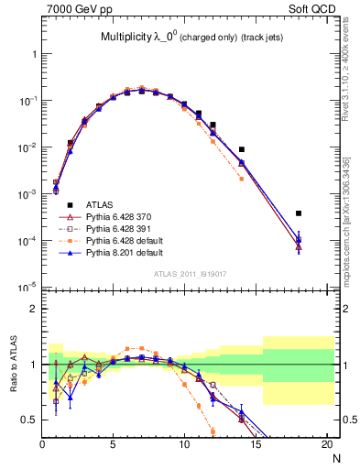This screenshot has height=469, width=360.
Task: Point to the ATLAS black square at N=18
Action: (299, 213)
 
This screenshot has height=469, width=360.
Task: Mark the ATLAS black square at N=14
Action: (242, 149)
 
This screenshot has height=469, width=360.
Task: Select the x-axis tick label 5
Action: (113, 443)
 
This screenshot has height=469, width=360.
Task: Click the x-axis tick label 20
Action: (326, 443)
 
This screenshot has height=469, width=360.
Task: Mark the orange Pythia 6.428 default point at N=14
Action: (242, 179)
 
